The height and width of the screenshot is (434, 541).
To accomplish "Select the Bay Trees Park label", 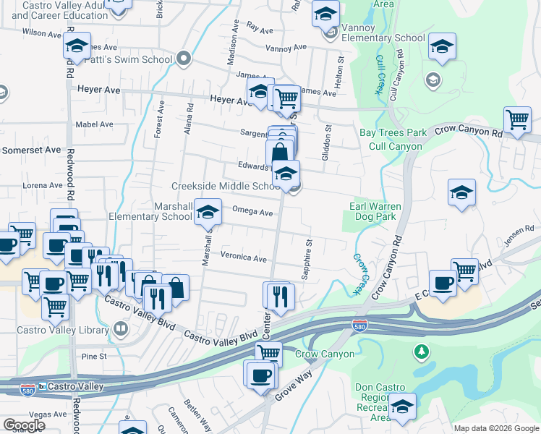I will click(393, 133).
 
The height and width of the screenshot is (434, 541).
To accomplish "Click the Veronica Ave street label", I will click(244, 258).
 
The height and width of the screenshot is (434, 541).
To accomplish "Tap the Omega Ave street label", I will click(252, 213).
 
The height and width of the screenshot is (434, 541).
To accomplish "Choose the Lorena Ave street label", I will click(42, 185).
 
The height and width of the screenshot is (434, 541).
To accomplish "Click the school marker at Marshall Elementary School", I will click(208, 212).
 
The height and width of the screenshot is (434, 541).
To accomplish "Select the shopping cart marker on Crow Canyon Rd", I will click(517, 119).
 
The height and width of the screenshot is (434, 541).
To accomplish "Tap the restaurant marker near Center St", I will click(278, 295).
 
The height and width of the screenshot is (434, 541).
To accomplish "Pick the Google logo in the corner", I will click(24, 425).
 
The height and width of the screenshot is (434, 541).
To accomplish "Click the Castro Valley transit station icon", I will click(42, 386).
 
